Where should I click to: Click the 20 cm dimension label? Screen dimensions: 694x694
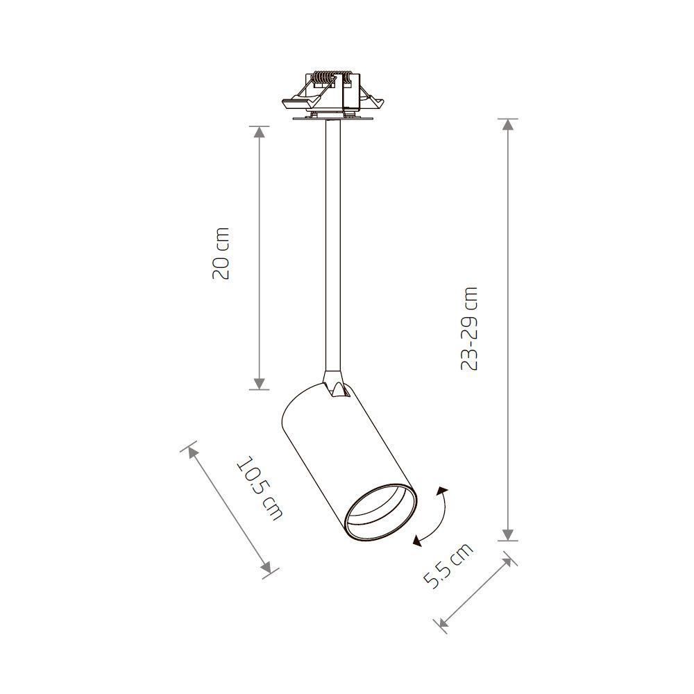click(x=221, y=253)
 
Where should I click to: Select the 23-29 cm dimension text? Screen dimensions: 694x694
click(x=469, y=328)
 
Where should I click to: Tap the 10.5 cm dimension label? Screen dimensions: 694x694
click(x=260, y=488)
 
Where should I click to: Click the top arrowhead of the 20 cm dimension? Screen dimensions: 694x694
click(x=260, y=131)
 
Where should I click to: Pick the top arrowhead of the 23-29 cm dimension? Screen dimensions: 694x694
click(x=509, y=124)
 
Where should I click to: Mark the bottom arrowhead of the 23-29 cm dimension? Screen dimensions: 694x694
click(x=509, y=535)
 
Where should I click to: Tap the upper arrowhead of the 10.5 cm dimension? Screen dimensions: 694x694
click(x=192, y=452)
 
